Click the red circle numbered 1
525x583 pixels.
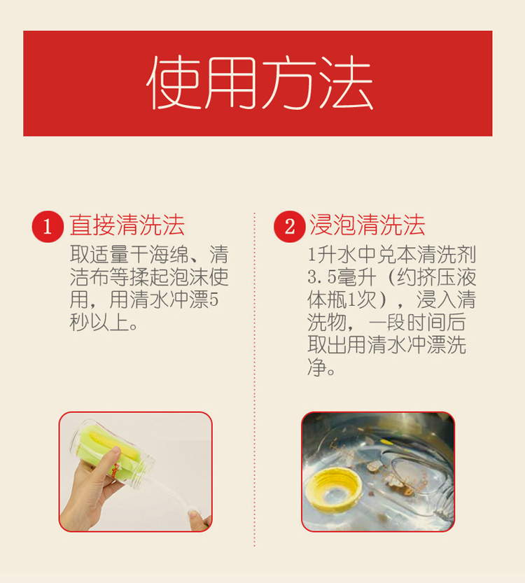[48, 227]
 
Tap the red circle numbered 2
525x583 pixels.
[290, 227]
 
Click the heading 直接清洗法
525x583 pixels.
[127, 225]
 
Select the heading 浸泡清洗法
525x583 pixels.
[367, 225]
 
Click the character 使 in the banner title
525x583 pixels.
[174, 83]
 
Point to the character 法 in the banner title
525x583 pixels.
[346, 83]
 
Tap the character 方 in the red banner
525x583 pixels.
[289, 83]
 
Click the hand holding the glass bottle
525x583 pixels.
[89, 491]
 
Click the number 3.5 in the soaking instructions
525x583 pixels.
[322, 277]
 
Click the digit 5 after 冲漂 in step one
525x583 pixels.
[213, 300]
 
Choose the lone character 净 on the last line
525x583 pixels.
[317, 367]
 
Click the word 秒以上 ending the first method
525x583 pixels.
[99, 322]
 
